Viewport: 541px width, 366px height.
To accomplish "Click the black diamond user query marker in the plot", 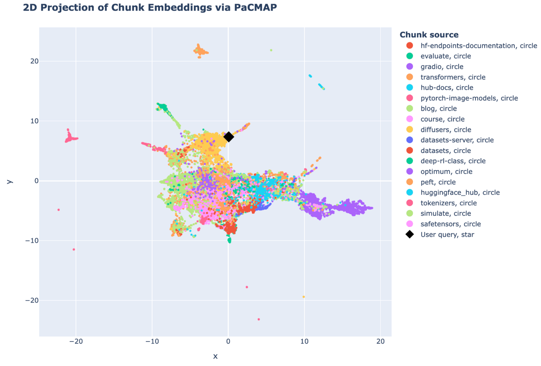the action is pyautogui.click(x=229, y=137).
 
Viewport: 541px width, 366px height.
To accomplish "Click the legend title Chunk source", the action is pyautogui.click(x=429, y=35).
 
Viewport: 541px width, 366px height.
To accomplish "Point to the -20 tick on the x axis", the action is pyautogui.click(x=76, y=341).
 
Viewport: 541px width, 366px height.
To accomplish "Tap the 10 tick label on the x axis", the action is pyautogui.click(x=304, y=341).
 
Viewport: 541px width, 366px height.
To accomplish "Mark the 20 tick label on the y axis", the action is pyautogui.click(x=34, y=61).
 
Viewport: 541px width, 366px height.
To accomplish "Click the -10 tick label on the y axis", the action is pyautogui.click(x=32, y=240).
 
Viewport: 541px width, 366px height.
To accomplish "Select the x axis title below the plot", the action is pyautogui.click(x=215, y=356).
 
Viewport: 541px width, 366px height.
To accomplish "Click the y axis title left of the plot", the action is pyautogui.click(x=9, y=182).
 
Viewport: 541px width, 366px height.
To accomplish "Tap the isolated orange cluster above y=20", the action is pyautogui.click(x=200, y=51).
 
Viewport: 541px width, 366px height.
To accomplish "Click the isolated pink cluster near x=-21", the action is pyautogui.click(x=70, y=137).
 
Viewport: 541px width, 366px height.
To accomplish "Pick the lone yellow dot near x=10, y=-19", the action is pyautogui.click(x=303, y=297).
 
